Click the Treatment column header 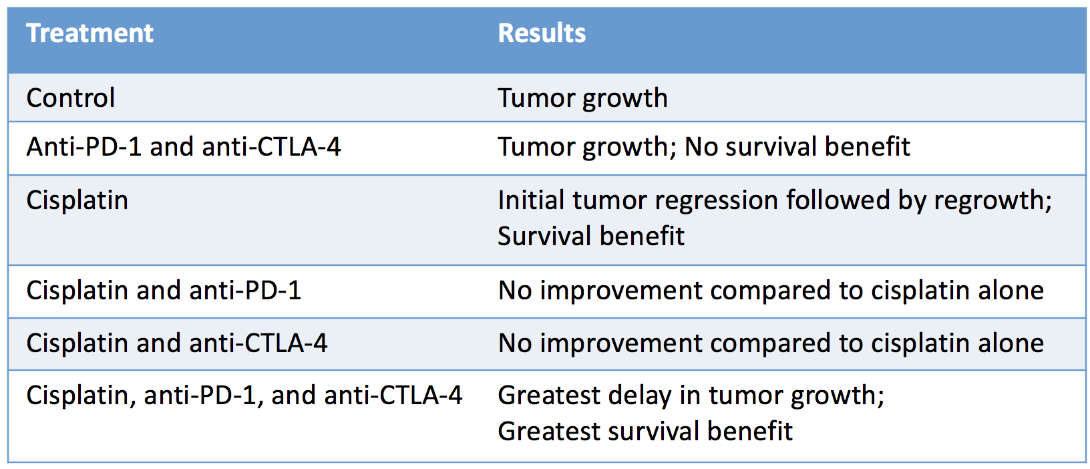[89, 33]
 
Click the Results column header [542, 33]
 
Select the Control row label [71, 98]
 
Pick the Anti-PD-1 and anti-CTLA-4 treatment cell [184, 146]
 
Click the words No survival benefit [797, 146]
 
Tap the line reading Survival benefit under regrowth [590, 236]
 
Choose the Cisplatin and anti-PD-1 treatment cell [164, 291]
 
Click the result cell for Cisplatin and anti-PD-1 [771, 291]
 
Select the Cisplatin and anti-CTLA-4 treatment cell [176, 343]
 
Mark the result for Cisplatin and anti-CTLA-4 [771, 343]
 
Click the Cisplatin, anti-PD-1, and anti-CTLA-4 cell [244, 395]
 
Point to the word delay [640, 396]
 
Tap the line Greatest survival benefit [645, 431]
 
